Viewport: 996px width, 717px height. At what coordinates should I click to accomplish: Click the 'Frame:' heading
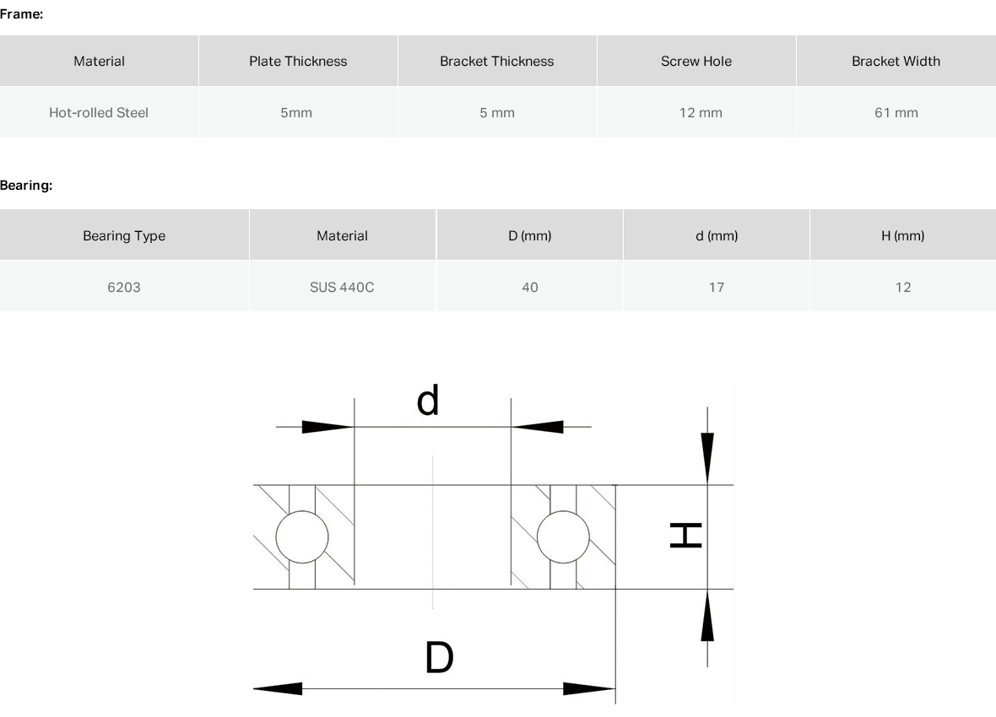click(22, 14)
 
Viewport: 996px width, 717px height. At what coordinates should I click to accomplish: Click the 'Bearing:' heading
click(26, 186)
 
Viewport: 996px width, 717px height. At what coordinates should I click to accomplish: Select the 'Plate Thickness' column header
click(298, 61)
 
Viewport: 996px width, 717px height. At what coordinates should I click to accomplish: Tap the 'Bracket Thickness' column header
click(496, 61)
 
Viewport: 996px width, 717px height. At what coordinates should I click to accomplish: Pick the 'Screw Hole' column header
click(696, 61)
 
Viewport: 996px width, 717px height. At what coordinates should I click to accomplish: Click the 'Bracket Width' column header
click(896, 61)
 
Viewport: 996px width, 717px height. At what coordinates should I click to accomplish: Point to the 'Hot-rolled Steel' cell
click(99, 112)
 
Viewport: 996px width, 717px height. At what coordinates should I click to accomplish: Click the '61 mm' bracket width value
click(896, 112)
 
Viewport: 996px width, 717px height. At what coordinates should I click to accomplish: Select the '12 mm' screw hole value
click(701, 112)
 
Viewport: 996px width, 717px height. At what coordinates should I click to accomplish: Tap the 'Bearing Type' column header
click(124, 235)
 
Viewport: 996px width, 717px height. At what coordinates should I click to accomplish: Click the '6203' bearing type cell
click(124, 287)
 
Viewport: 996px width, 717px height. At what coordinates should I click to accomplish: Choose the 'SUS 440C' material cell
click(342, 287)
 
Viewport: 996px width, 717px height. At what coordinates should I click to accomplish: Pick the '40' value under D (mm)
click(530, 287)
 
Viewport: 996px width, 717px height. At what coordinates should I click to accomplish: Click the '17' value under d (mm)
click(717, 287)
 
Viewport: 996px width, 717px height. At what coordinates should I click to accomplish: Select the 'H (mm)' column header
click(902, 235)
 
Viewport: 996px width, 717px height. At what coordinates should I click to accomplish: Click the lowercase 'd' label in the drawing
click(427, 400)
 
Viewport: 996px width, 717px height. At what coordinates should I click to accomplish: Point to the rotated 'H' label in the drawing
click(686, 536)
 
